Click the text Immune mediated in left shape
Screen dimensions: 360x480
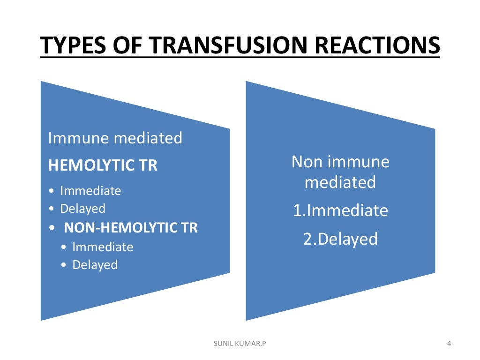point(115,138)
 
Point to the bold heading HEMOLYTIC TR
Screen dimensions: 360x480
point(103,165)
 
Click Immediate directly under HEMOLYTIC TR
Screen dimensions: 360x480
point(90,191)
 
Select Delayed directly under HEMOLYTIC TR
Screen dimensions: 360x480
point(82,209)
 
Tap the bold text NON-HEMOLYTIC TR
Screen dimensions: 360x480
point(130,228)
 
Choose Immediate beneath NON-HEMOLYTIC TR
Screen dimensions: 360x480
point(102,247)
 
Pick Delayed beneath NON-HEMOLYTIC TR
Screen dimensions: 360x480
point(95,265)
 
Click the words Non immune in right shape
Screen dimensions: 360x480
point(340,162)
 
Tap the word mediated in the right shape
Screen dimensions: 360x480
point(340,182)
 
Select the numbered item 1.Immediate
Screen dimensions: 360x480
point(340,210)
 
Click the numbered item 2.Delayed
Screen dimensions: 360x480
point(340,239)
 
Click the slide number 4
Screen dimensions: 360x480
point(449,345)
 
